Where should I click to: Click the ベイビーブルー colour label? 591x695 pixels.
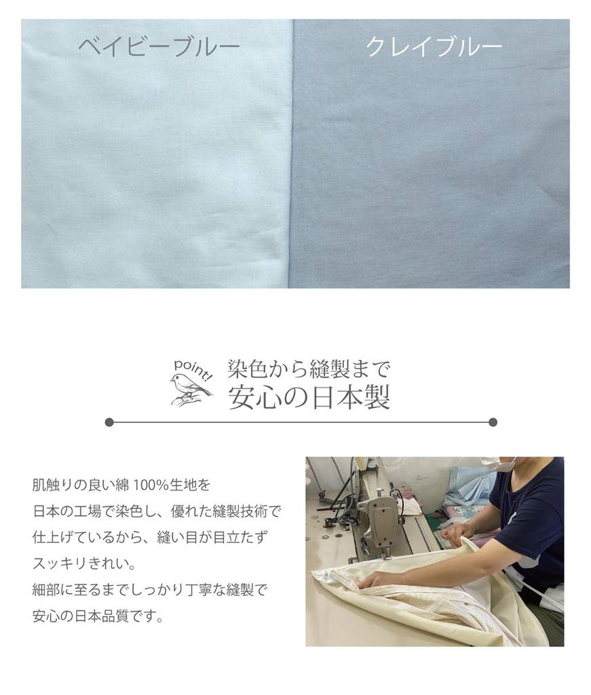(x=158, y=46)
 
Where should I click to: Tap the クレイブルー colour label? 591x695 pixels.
(x=434, y=46)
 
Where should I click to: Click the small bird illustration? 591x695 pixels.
(x=189, y=389)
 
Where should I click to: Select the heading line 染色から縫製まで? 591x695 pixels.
(x=309, y=370)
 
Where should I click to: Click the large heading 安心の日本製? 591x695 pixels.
(x=309, y=398)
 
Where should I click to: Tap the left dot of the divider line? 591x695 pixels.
(x=109, y=422)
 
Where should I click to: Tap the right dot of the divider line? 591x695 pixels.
(x=493, y=422)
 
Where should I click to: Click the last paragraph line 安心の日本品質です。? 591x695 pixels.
(x=98, y=617)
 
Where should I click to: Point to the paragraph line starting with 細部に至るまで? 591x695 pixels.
(x=149, y=590)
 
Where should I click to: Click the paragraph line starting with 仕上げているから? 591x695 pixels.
(x=149, y=537)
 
